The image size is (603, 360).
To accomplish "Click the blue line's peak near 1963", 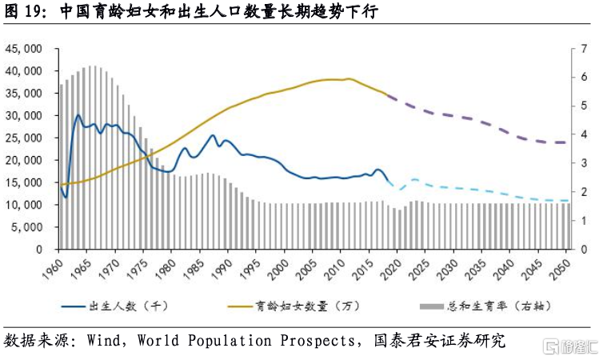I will (78, 115).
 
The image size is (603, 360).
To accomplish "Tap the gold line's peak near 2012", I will (349, 78).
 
